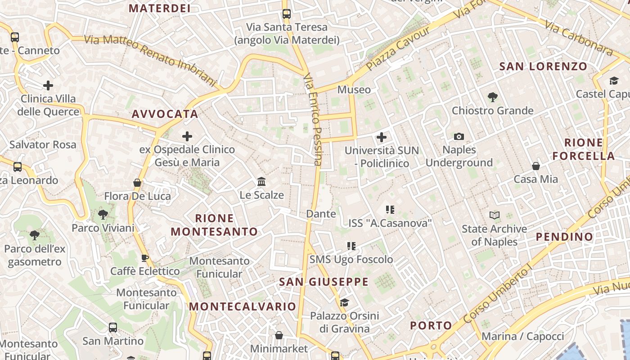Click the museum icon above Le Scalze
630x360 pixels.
point(261,182)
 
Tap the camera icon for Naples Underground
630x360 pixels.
point(459,136)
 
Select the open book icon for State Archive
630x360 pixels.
point(495,216)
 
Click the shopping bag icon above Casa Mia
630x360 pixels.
point(536,166)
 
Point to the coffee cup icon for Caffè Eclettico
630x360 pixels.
point(144,258)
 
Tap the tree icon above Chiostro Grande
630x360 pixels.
point(493,97)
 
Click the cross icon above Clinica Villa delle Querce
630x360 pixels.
point(48,85)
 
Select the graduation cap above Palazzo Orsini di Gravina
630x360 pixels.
point(344,302)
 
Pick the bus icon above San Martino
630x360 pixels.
point(113,327)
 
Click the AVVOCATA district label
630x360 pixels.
point(165,114)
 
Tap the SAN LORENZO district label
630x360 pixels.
point(543,67)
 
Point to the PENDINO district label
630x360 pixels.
point(564,237)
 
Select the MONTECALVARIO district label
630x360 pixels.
point(243,306)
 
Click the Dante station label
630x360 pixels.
point(321,214)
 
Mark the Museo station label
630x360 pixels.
point(354,90)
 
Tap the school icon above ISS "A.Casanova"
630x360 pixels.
point(390,209)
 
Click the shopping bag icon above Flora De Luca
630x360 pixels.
point(137,183)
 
